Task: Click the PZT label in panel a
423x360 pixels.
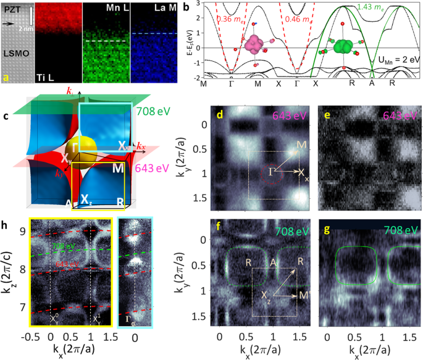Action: pos(12,9)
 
